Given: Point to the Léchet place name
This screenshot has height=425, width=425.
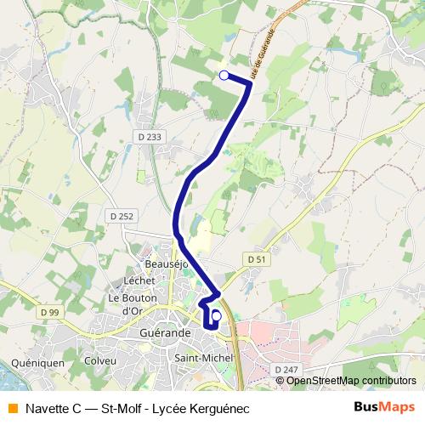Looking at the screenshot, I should pyautogui.click(x=139, y=280).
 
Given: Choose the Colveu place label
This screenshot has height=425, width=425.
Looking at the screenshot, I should pyautogui.click(x=100, y=360).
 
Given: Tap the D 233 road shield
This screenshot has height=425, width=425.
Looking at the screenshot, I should pyautogui.click(x=149, y=136).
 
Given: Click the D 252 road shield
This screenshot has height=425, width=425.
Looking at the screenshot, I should pyautogui.click(x=122, y=217).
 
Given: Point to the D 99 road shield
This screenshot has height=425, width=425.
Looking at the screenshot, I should pyautogui.click(x=49, y=314).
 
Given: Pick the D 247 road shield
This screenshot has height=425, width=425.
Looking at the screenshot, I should pyautogui.click(x=286, y=369).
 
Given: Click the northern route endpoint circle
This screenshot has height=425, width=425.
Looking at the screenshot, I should pyautogui.click(x=224, y=76).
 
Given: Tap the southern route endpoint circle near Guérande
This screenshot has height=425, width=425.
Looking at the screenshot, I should pyautogui.click(x=216, y=316).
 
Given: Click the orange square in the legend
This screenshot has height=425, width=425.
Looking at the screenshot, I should pyautogui.click(x=12, y=406).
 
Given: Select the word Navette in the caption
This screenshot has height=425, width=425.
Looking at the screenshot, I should pyautogui.click(x=50, y=406).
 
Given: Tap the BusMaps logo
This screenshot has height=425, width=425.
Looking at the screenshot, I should pyautogui.click(x=383, y=406).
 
